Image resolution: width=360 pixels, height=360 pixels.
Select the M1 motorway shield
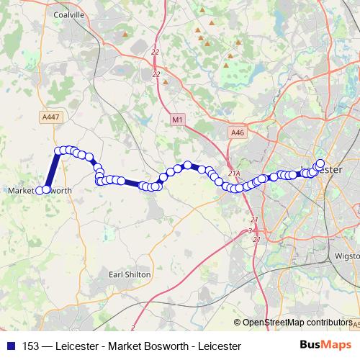click(178, 118)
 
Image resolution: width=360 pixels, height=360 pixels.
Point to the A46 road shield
click(238, 132)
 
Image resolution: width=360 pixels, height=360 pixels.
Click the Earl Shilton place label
click(129, 274)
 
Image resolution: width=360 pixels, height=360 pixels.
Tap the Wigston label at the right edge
click(346, 256)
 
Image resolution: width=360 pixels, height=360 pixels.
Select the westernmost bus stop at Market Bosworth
click(45, 190)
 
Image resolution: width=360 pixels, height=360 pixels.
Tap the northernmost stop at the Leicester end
click(320, 163)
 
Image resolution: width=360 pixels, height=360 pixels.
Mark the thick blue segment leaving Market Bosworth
click(51, 171)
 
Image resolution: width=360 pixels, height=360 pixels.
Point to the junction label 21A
click(233, 174)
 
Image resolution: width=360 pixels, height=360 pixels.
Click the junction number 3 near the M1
click(250, 230)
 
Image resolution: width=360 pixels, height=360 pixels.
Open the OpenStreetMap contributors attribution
click(298, 323)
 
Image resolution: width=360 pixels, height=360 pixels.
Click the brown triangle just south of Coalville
click(165, 81)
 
